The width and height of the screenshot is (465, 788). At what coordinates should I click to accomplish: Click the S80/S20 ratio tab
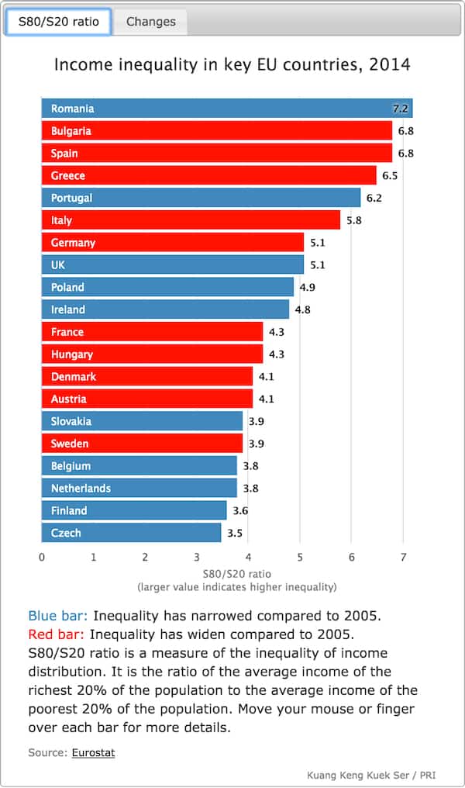click(x=58, y=22)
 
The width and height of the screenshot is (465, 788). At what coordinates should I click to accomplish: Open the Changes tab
click(x=151, y=22)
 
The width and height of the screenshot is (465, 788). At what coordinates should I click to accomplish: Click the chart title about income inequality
click(x=232, y=64)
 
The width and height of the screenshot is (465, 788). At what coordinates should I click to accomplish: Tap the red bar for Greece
click(x=208, y=175)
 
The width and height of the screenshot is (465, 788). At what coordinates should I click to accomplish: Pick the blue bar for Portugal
click(x=201, y=198)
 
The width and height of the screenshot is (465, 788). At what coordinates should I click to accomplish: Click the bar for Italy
click(x=191, y=220)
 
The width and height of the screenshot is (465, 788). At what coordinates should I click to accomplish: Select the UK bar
click(x=172, y=265)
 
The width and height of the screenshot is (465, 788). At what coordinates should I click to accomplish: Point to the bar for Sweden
click(x=141, y=444)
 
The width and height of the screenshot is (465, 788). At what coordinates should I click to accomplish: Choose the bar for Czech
click(x=131, y=533)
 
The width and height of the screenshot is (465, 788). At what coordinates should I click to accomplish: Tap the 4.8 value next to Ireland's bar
click(x=302, y=309)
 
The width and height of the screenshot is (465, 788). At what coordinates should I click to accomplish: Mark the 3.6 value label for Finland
click(x=240, y=510)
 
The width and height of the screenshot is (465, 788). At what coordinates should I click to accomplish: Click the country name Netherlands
click(x=81, y=489)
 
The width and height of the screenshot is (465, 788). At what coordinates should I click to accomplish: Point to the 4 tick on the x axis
click(x=248, y=557)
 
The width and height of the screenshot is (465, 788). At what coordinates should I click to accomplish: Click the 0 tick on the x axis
click(x=41, y=557)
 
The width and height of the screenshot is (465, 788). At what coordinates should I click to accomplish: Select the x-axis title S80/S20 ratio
click(x=236, y=574)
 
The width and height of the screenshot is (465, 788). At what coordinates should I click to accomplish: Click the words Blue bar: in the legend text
click(x=58, y=617)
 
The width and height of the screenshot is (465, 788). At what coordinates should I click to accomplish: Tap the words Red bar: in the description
click(x=57, y=634)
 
